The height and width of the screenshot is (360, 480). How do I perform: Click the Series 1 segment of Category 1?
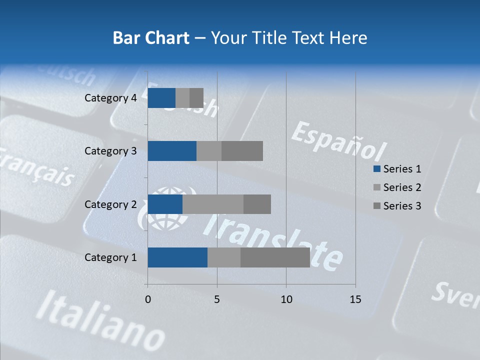click(177, 257)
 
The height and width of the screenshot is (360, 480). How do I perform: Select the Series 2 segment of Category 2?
click(212, 204)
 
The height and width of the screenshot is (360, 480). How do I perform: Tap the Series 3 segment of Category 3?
click(242, 151)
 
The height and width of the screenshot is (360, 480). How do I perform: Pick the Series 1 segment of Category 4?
click(161, 98)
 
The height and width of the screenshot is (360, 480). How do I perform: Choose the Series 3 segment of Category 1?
click(275, 257)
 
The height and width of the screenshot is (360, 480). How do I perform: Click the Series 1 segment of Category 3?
click(172, 151)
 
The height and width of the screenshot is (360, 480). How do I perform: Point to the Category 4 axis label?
click(110, 98)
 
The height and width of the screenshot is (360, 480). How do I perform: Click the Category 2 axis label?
click(110, 204)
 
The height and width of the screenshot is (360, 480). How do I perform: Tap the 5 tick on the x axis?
click(217, 299)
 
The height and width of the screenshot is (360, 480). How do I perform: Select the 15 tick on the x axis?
click(355, 299)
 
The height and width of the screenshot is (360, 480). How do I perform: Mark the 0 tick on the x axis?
click(147, 299)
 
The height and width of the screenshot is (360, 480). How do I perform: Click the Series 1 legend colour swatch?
click(376, 169)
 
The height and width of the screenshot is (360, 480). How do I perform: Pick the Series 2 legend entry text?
click(402, 187)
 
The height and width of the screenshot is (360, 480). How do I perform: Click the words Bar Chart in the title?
click(150, 37)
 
